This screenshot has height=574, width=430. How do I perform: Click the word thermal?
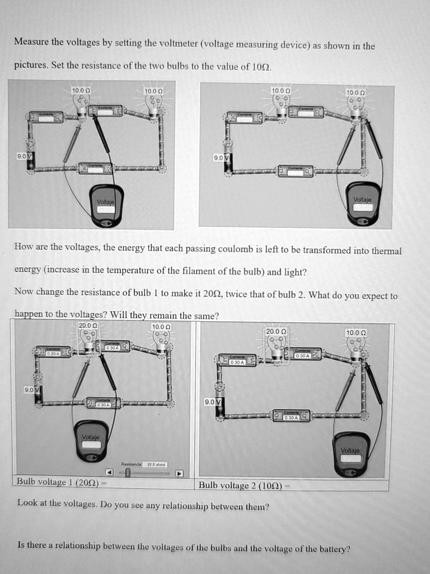(x=385, y=251)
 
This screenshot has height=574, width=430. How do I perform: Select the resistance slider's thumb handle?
(x=128, y=473)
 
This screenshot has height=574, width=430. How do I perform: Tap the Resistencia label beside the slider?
(x=132, y=465)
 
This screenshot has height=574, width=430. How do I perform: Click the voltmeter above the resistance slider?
(x=92, y=441)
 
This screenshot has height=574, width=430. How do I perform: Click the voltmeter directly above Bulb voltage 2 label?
(x=351, y=453)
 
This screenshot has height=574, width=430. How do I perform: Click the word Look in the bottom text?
(x=27, y=503)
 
